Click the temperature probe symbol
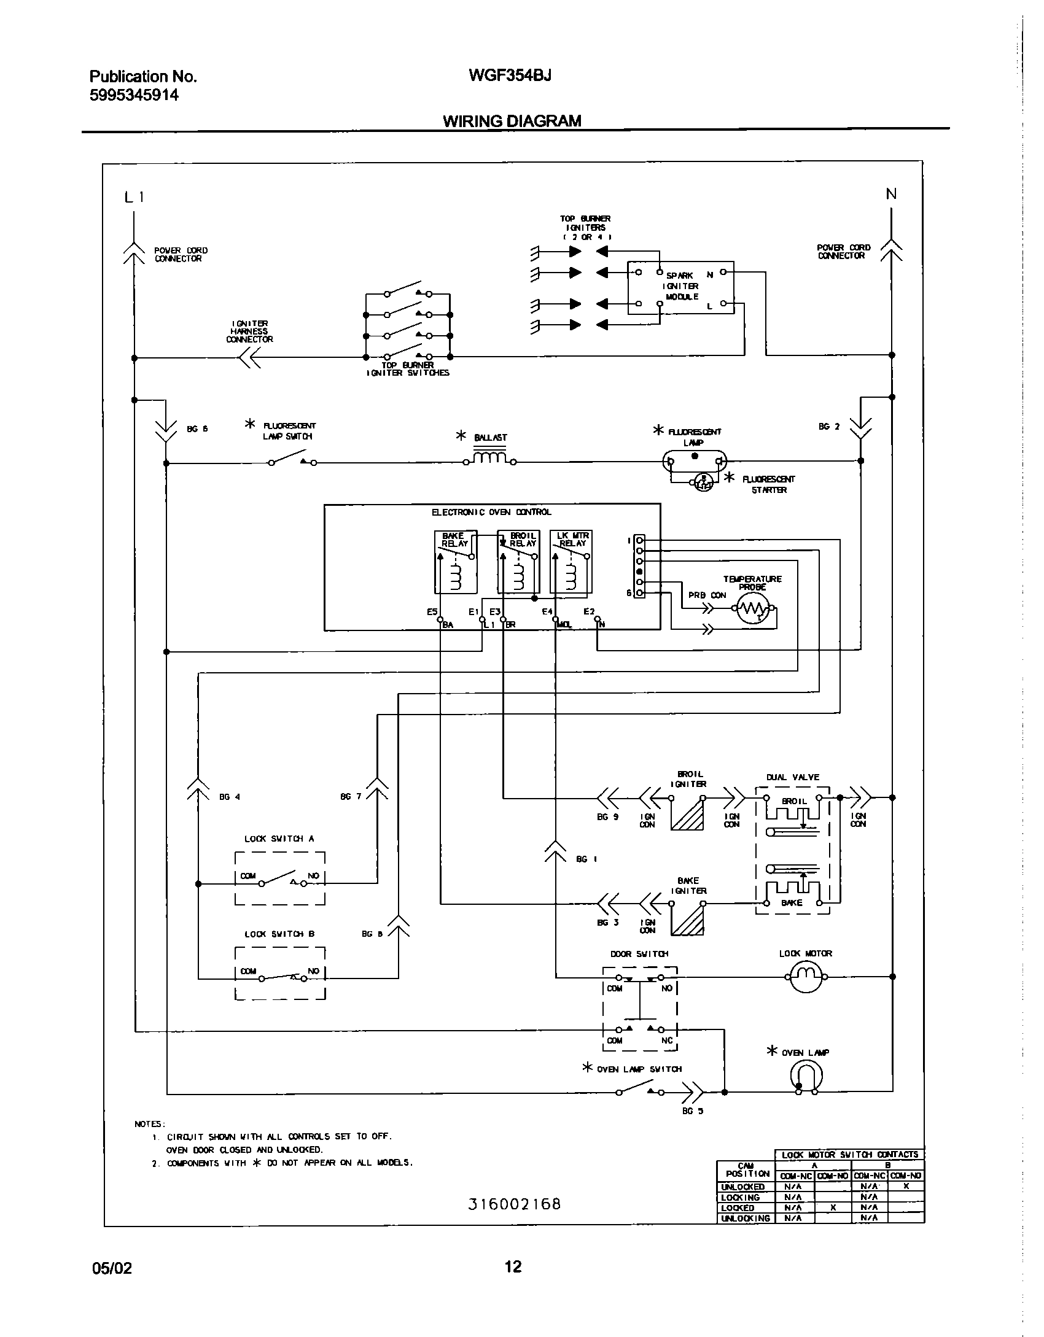pyautogui.click(x=753, y=608)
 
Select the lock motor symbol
pyautogui.click(x=805, y=975)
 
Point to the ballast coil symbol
pyautogui.click(x=489, y=459)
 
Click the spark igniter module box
pyautogui.click(x=680, y=287)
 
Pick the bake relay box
pyautogui.click(x=454, y=562)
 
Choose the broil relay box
pyautogui.click(x=518, y=562)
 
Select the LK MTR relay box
pyautogui.click(x=571, y=562)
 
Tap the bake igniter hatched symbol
pyautogui.click(x=687, y=920)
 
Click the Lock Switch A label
pyautogui.click(x=279, y=839)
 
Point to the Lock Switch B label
pyautogui.click(x=279, y=934)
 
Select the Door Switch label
pyautogui.click(x=639, y=954)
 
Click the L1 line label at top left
pyautogui.click(x=134, y=197)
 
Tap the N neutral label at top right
pyautogui.click(x=891, y=194)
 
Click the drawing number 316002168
pyautogui.click(x=515, y=1204)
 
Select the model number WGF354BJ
pyautogui.click(x=510, y=75)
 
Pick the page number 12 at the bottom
pyautogui.click(x=513, y=1266)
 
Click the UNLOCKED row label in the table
pyautogui.click(x=742, y=1187)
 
